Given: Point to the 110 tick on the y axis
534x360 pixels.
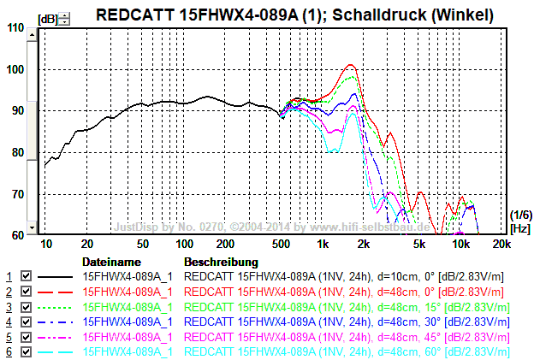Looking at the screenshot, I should [16, 27].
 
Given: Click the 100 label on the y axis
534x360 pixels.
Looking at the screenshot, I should [16, 69].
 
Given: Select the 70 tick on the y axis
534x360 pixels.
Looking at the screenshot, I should [16, 194].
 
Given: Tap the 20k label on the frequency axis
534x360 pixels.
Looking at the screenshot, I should [501, 245].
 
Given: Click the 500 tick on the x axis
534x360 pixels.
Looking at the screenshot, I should [279, 245].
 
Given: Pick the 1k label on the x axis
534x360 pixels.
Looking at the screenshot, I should [323, 245].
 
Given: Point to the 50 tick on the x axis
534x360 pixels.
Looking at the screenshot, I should [143, 245].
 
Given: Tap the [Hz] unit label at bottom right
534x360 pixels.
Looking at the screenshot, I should [519, 229].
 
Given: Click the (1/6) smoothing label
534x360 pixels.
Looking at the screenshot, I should [519, 215].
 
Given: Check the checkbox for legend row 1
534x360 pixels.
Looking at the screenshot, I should [26, 277].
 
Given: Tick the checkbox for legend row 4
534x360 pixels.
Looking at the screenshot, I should [26, 322].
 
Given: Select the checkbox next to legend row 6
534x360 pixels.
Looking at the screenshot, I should [26, 351].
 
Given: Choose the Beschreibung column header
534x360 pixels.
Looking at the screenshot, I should [221, 262].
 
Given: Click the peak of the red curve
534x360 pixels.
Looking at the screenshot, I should [349, 64].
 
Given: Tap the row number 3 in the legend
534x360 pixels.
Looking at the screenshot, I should [9, 307].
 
